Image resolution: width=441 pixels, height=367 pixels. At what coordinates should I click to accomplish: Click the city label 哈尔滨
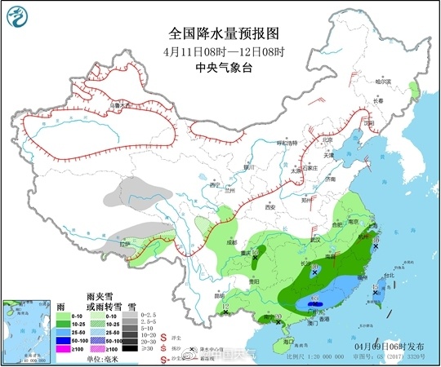coord(383,81)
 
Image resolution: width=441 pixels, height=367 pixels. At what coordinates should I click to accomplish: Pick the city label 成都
coord(231,241)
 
